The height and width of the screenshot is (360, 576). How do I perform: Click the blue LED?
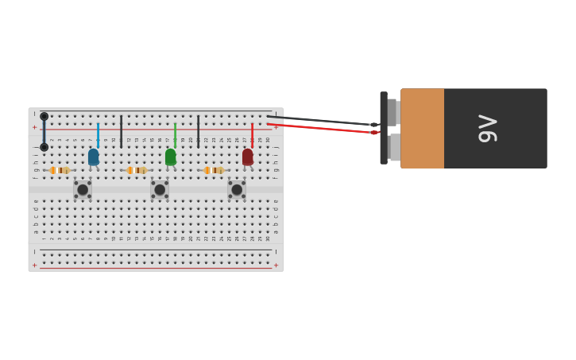click(94, 157)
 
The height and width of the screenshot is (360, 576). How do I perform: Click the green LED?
click(171, 157)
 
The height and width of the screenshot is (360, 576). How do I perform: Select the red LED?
click(248, 157)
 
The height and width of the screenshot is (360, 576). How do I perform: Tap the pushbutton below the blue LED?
click(83, 190)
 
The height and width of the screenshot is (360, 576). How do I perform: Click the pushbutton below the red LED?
click(237, 190)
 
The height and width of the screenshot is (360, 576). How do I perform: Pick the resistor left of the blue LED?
click(60, 170)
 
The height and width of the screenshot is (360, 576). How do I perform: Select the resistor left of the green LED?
click(137, 170)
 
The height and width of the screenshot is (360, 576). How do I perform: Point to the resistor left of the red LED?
click(214, 170)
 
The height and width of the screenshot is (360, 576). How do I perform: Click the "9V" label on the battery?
click(488, 129)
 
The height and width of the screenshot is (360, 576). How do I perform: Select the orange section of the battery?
click(422, 129)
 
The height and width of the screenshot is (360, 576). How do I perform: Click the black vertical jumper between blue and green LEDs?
click(122, 131)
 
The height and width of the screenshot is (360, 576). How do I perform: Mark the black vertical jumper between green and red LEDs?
click(199, 131)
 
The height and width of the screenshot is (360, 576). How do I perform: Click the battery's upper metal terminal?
click(392, 112)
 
